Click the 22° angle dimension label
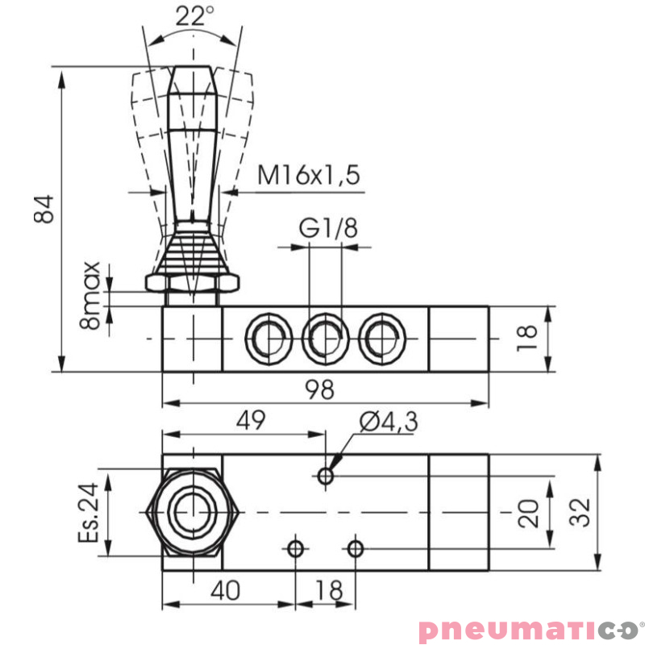pyautogui.click(x=195, y=16)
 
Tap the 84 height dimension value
pyautogui.click(x=44, y=209)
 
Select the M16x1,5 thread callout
pyautogui.click(x=309, y=175)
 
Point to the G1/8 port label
pyautogui.click(x=328, y=228)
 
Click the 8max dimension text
pyautogui.click(x=90, y=295)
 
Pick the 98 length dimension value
pyautogui.click(x=319, y=389)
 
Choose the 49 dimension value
pyautogui.click(x=251, y=419)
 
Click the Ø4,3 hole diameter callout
pyautogui.click(x=389, y=422)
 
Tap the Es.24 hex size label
pyautogui.click(x=89, y=513)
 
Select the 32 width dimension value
pyautogui.click(x=580, y=512)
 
